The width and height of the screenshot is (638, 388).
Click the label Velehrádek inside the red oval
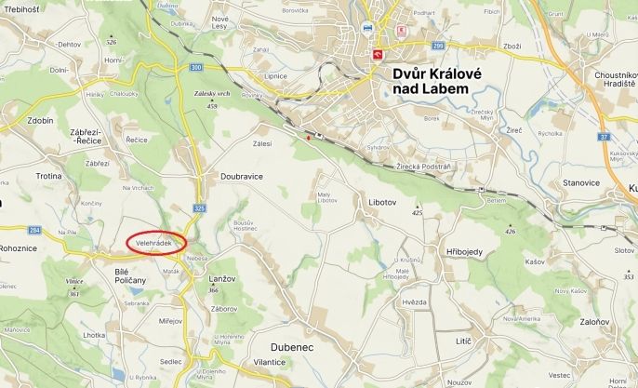[155, 242]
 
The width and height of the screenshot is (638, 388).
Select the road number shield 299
[438, 45]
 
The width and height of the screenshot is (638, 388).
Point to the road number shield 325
[200, 208]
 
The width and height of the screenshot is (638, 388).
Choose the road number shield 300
[195, 67]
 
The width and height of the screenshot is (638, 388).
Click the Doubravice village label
[241, 176]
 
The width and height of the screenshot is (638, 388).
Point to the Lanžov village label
[222, 278]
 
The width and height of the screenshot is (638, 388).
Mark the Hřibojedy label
[465, 252]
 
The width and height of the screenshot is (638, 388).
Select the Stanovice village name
[581, 182]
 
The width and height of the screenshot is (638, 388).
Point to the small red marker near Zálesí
[309, 138]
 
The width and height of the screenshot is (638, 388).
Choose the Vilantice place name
[268, 361]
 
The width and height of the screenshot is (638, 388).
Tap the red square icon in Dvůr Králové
[379, 54]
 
